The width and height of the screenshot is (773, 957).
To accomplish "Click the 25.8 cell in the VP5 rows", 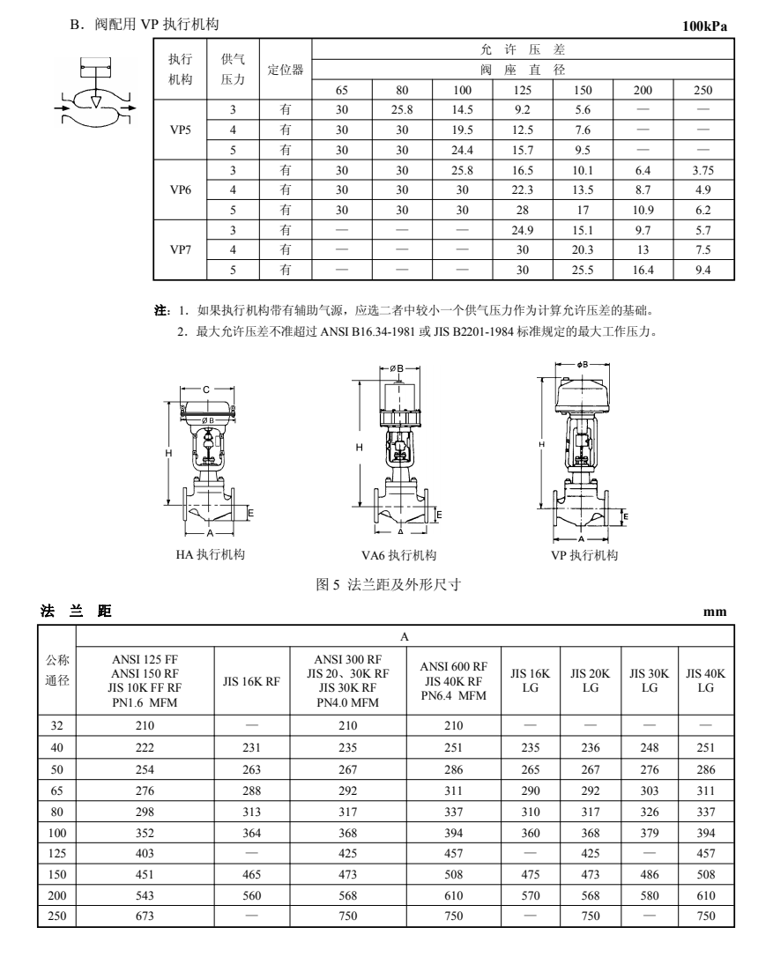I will tap(403, 110).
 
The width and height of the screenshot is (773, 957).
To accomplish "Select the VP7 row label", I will tap(181, 250).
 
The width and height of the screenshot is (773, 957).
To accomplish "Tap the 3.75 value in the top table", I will tap(702, 170).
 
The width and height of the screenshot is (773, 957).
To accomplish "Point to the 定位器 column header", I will tap(286, 70).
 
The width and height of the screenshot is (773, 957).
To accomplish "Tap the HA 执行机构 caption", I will tap(210, 555).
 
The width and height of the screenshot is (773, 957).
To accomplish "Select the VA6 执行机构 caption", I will tap(399, 555).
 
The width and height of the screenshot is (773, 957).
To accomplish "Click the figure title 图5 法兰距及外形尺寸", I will tap(389, 583).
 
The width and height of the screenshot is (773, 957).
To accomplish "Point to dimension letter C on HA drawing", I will tap(205, 389).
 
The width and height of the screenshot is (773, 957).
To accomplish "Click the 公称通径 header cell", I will tap(57, 672).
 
